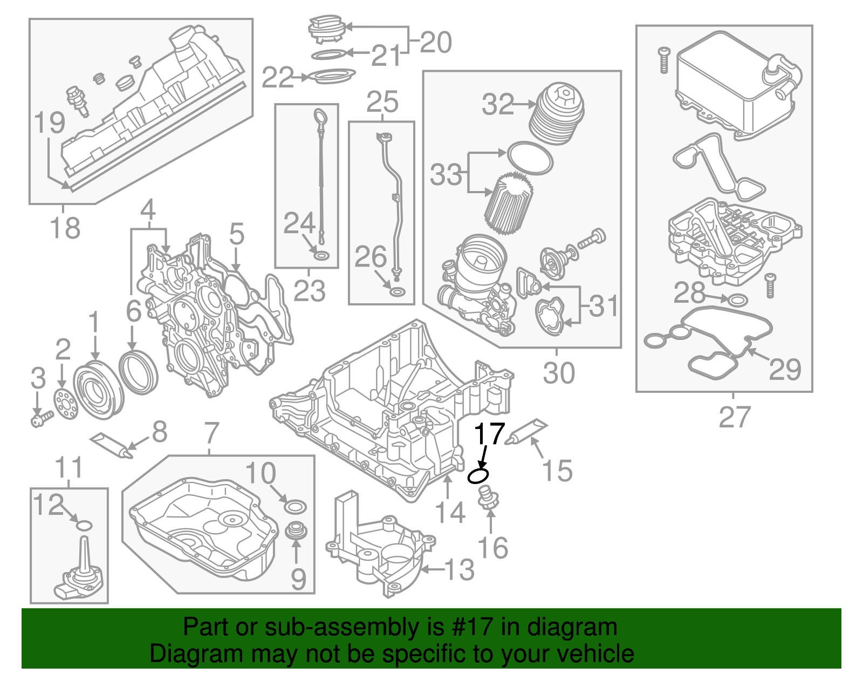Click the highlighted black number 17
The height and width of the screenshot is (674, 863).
489,434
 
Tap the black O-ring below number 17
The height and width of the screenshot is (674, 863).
478,476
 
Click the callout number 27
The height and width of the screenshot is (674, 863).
734,417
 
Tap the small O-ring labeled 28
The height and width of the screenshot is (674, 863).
738,299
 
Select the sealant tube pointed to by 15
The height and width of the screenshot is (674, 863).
526,432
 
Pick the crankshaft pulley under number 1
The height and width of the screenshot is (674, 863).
98,392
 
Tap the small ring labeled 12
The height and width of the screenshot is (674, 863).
85,525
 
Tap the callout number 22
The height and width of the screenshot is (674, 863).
277,78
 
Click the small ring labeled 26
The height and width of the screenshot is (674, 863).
396,293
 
